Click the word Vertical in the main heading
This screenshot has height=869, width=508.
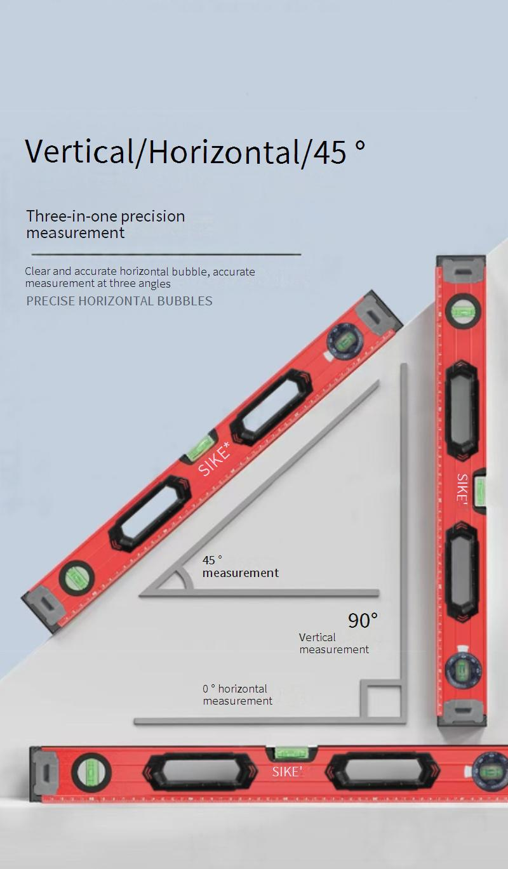(x=79, y=152)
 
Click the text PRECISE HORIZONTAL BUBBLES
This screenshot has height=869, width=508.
(x=119, y=301)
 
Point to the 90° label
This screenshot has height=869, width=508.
(x=363, y=620)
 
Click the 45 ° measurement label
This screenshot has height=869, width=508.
(x=240, y=567)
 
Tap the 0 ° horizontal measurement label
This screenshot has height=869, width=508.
(x=237, y=694)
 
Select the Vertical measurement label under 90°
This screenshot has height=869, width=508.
(x=334, y=643)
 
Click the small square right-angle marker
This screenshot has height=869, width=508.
(x=380, y=699)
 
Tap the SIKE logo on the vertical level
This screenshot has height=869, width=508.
(x=461, y=488)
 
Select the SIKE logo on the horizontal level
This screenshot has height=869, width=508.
(x=287, y=772)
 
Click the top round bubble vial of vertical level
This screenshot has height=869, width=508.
(x=463, y=311)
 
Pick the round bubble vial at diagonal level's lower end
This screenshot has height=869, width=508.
(x=76, y=578)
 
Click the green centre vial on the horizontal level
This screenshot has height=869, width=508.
(x=291, y=753)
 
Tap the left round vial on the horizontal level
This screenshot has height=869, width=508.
(x=91, y=772)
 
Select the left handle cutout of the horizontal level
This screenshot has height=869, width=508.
(x=199, y=772)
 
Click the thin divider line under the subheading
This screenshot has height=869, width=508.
(x=166, y=255)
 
